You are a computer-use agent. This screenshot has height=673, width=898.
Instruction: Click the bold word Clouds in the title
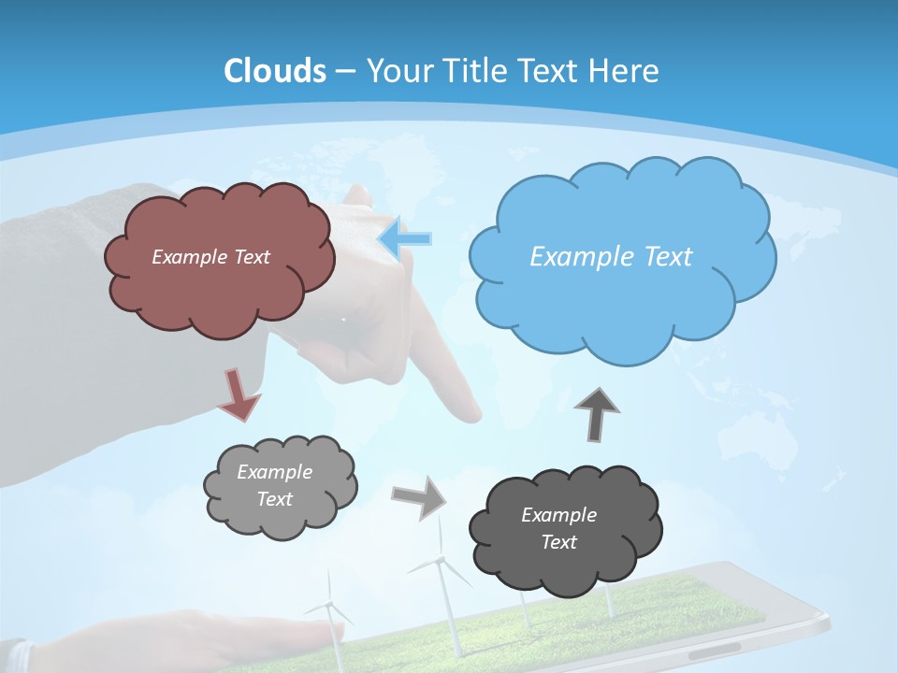(x=275, y=71)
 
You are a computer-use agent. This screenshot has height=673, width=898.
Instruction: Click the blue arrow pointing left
(x=405, y=238)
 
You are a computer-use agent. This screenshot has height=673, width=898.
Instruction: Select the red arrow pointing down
(x=239, y=394)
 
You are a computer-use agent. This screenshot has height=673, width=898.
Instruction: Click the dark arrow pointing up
(x=597, y=413)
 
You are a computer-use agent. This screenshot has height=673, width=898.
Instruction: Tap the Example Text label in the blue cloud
(x=611, y=257)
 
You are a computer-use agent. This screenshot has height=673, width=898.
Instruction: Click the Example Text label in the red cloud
(x=210, y=257)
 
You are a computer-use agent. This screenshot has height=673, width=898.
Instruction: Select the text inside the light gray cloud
(x=274, y=485)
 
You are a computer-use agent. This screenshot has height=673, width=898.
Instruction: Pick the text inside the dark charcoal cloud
(x=558, y=528)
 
